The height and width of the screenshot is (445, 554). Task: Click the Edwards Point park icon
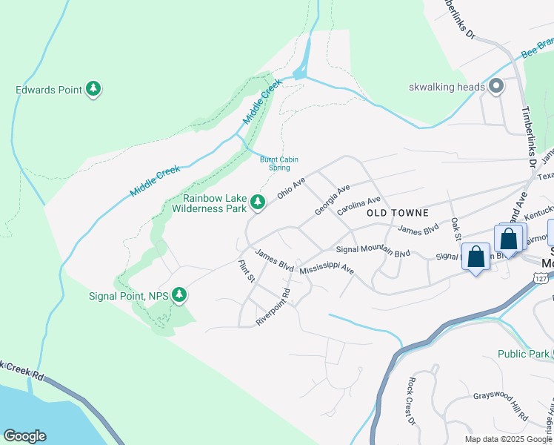point(93,90)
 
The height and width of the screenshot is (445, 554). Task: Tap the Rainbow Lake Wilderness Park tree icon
point(257,202)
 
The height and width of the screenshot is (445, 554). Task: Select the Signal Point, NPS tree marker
point(178,295)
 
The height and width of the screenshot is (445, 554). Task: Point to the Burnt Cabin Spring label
point(275,162)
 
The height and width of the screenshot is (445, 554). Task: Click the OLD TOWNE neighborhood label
point(397,213)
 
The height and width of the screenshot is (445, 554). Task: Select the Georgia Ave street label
point(332,201)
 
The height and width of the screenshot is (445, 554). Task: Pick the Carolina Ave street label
point(358,205)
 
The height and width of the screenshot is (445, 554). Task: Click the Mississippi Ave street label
point(327,267)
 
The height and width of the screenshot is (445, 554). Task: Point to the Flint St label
point(247,271)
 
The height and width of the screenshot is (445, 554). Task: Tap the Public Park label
point(523,354)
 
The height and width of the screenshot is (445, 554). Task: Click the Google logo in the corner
point(24,436)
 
